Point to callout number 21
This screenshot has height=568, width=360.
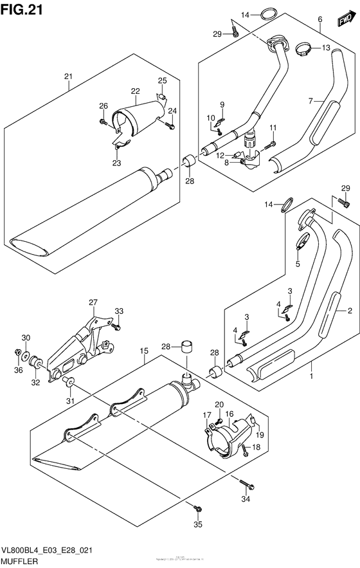(x=68, y=77)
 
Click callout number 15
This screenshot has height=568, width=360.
(x=145, y=351)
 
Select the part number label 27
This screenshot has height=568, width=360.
(x=93, y=302)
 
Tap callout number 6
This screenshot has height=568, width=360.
(x=319, y=20)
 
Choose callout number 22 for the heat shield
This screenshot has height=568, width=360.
(x=135, y=91)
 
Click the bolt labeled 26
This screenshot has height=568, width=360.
(x=103, y=120)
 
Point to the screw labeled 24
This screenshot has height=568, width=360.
(x=170, y=127)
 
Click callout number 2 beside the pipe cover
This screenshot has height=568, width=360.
(x=349, y=311)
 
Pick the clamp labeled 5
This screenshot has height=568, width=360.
(x=301, y=244)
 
